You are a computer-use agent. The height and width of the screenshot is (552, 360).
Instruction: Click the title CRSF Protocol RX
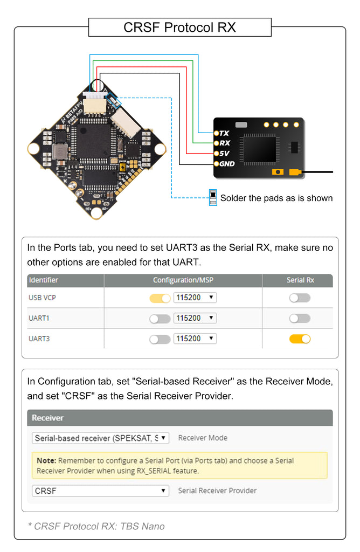tap(179, 27)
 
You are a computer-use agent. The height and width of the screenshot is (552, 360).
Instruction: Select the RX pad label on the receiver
tap(225, 143)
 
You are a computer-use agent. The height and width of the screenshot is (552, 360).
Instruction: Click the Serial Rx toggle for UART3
tap(300, 339)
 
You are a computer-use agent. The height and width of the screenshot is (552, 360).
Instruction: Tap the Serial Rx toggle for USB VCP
tap(300, 298)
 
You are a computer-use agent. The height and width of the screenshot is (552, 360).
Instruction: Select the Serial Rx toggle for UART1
tap(300, 319)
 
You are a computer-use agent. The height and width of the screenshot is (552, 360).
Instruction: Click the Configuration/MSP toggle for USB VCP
tap(160, 298)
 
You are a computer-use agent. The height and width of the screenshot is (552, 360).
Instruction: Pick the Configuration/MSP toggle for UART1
tap(160, 319)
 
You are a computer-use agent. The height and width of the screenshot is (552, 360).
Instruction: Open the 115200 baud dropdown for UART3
tap(195, 339)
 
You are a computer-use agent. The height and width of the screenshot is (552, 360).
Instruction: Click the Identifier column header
tap(44, 280)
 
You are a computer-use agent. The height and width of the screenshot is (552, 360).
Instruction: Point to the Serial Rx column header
tap(300, 280)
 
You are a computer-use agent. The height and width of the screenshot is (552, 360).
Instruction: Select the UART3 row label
tap(39, 339)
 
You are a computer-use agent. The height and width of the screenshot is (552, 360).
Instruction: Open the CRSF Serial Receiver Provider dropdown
tap(100, 491)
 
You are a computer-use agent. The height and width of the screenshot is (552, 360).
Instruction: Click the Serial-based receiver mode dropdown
tap(100, 438)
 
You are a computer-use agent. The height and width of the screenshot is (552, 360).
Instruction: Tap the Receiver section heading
tap(47, 418)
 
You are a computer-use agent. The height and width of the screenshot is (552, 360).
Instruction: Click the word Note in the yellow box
tap(46, 461)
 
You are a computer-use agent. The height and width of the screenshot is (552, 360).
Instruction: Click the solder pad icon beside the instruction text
tap(213, 198)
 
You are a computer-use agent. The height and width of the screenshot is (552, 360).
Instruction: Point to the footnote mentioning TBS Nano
tap(96, 526)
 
